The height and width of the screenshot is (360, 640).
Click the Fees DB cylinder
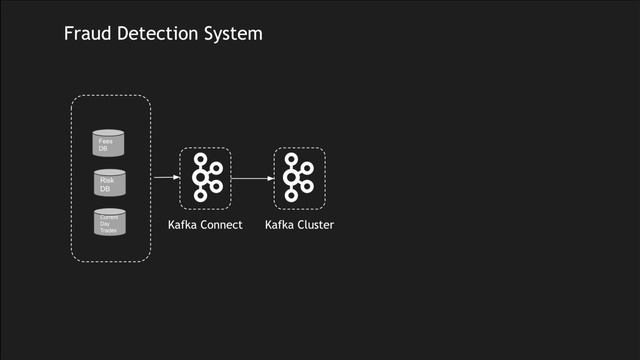click(110, 143)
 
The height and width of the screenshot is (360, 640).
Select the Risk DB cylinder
click(110, 183)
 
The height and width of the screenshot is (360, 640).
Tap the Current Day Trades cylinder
click(110, 222)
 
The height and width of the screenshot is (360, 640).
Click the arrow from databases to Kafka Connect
click(164, 178)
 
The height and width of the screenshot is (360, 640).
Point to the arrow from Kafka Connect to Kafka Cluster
click(252, 179)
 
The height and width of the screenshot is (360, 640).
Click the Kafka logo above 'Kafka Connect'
click(205, 178)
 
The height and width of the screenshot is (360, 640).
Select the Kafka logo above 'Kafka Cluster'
click(299, 178)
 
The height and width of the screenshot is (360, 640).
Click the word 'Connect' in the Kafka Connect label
click(222, 225)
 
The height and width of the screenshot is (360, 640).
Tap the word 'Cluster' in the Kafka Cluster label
click(315, 225)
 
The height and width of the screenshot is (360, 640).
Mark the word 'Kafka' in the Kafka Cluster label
click(280, 225)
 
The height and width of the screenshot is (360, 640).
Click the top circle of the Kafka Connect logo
click(200, 160)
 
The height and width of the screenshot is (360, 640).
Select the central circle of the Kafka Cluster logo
click(293, 179)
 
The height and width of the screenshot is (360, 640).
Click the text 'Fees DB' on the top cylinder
click(105, 145)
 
